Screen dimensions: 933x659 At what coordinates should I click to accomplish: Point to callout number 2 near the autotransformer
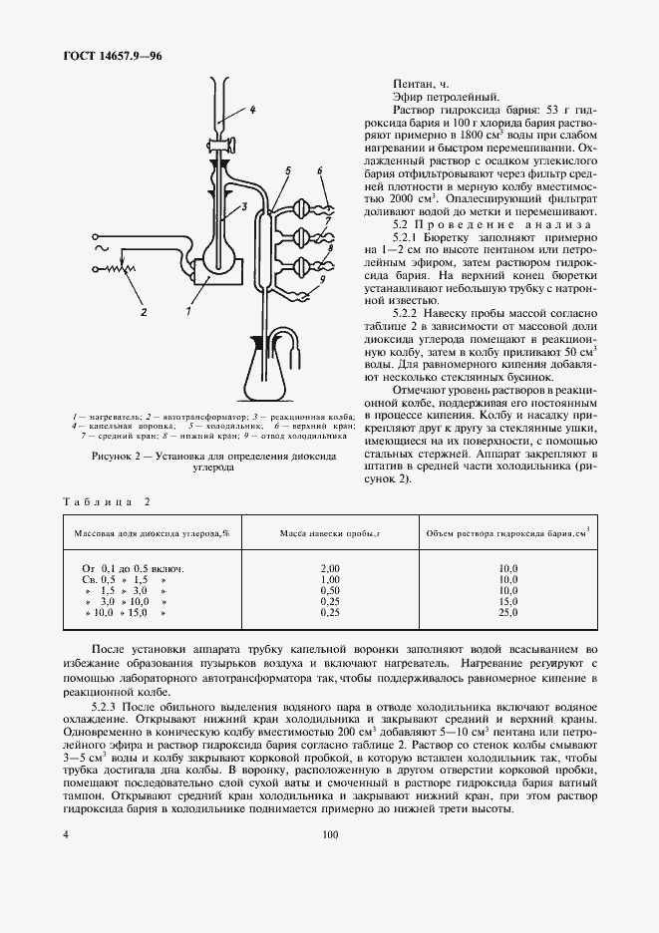[x=144, y=312]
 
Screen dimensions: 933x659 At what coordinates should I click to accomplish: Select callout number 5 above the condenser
[x=286, y=172]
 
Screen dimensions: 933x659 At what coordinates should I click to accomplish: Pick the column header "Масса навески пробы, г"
[x=330, y=534]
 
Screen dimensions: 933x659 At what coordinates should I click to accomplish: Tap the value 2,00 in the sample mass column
[x=330, y=567]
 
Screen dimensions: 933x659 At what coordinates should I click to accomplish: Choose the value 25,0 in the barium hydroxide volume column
[x=508, y=613]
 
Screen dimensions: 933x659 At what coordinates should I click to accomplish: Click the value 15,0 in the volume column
[x=508, y=602]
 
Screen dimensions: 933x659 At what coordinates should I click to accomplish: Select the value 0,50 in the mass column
[x=330, y=590]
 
